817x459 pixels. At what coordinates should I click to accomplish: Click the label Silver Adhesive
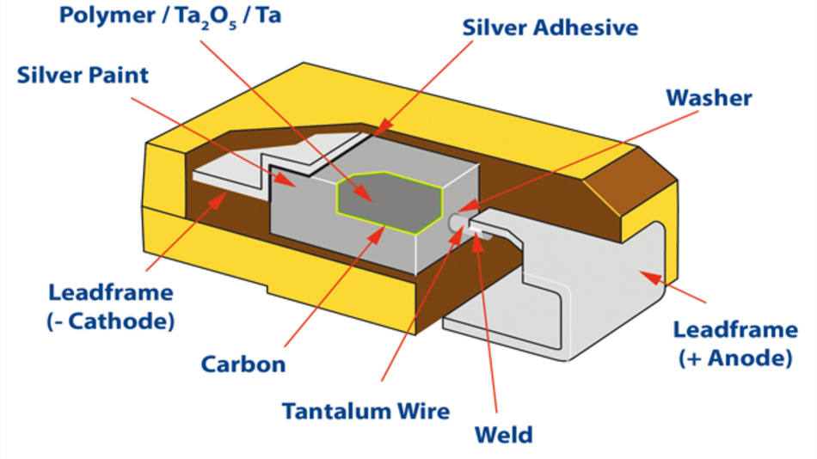550,28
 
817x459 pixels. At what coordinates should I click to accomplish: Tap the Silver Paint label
83,75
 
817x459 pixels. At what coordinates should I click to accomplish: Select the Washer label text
709,98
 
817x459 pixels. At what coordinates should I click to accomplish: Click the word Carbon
243,364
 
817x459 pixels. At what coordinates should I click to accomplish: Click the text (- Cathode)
110,321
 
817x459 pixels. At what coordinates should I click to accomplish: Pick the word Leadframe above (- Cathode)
111,292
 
